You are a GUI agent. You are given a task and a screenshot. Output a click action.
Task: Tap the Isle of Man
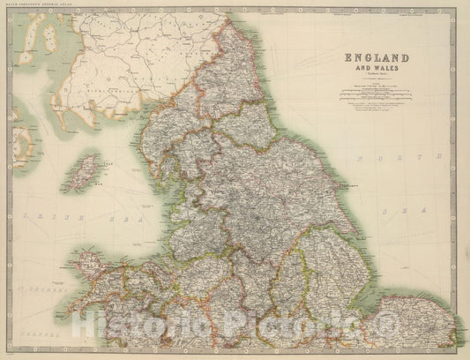(85, 169)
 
